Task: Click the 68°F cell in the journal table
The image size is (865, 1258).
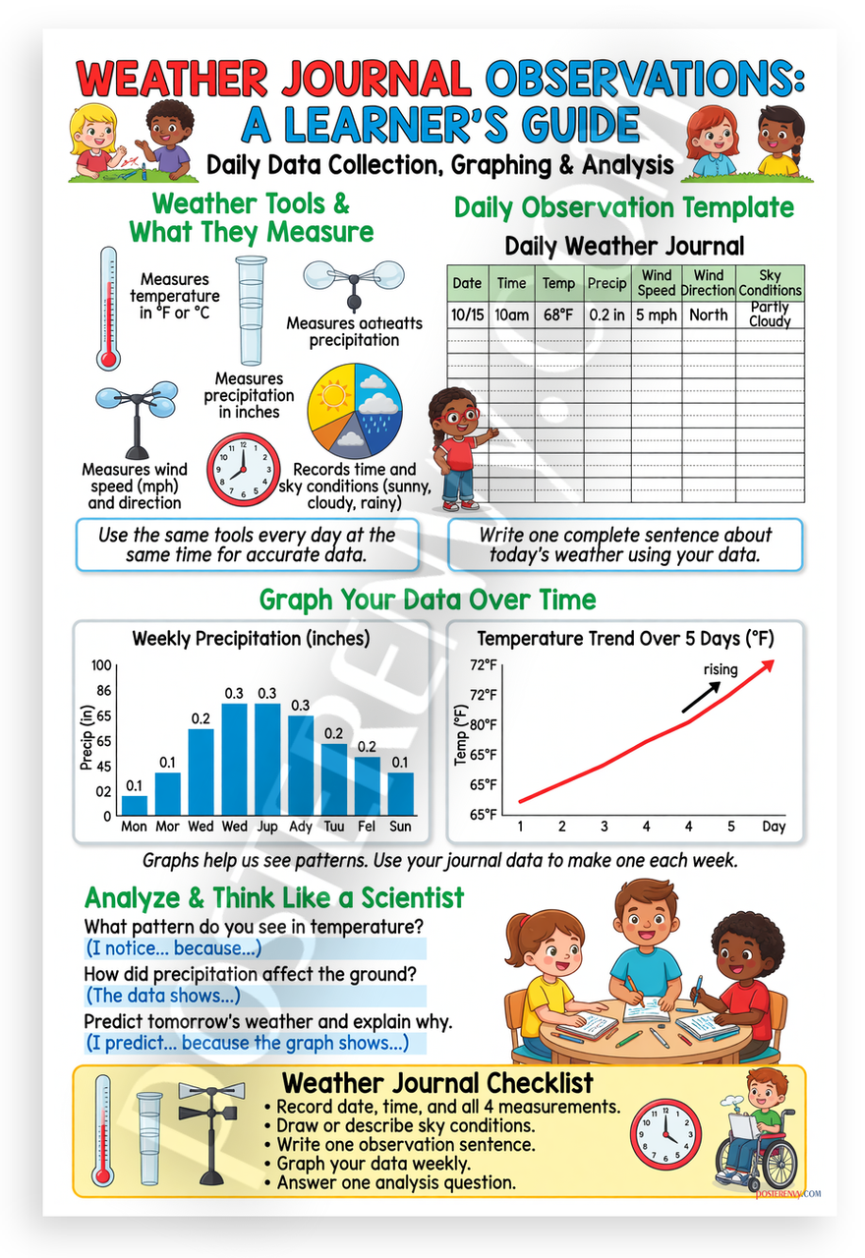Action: [x=558, y=315]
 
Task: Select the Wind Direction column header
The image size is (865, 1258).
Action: [x=708, y=283]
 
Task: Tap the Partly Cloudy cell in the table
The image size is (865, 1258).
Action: [x=770, y=315]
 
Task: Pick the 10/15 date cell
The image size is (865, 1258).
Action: [x=467, y=315]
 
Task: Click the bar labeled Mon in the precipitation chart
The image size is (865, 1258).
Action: [x=134, y=805]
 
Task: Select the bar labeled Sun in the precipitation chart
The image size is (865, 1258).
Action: [x=400, y=793]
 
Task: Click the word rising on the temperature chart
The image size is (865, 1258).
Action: [x=721, y=670]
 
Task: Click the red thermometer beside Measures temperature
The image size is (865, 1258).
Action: [x=106, y=307]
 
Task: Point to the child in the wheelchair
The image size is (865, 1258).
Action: [x=758, y=1126]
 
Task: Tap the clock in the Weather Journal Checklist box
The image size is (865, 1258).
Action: [x=665, y=1134]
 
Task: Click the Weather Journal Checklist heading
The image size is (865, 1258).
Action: [x=437, y=1083]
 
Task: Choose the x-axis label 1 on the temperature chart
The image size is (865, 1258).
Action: [x=520, y=827]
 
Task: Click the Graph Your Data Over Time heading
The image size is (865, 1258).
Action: [x=428, y=599]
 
